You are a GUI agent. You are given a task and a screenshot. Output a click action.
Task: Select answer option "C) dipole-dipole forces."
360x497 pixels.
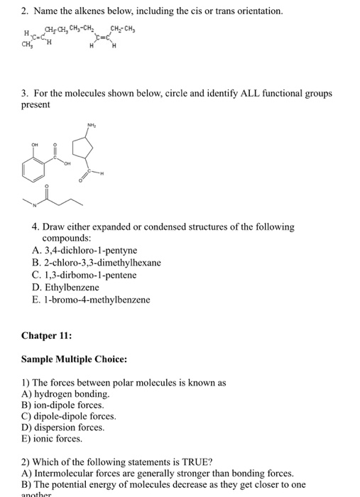point(69,416)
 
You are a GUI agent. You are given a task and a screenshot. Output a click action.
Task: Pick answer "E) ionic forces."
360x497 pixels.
point(53,439)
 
